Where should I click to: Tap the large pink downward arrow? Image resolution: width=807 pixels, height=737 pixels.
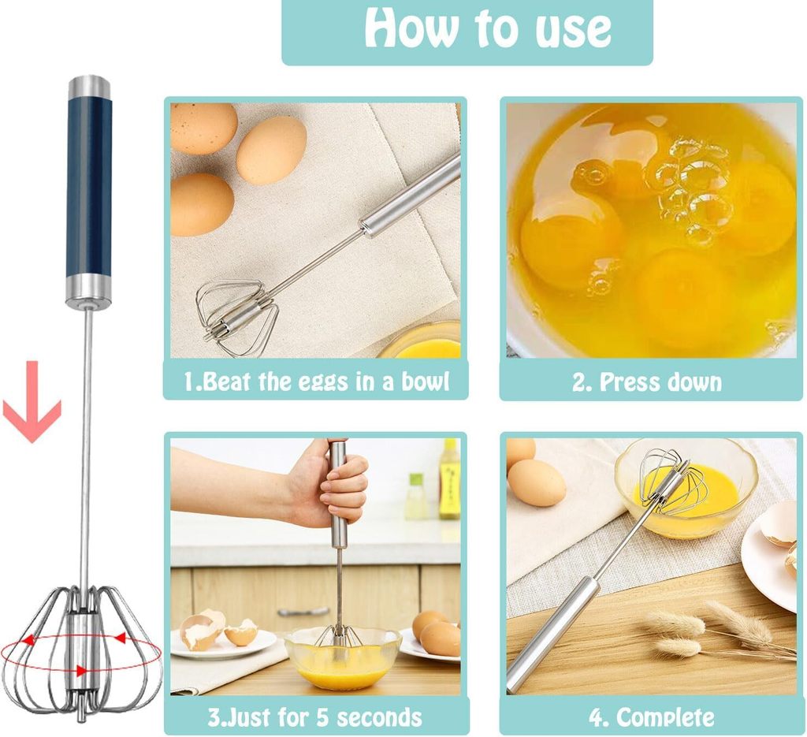pos(32,402)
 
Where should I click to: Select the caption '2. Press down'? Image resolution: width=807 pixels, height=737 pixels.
pos(647,382)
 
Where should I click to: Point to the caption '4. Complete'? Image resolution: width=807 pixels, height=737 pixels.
pos(652,717)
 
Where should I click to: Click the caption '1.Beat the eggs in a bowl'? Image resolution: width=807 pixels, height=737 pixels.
pos(317,382)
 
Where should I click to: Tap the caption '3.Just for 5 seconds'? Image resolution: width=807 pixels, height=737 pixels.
pos(315,717)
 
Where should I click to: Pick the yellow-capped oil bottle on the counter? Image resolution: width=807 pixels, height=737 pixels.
pos(449,478)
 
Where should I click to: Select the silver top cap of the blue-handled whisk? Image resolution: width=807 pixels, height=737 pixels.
pos(90,87)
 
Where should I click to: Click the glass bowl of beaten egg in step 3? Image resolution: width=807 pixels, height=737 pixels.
pos(343,658)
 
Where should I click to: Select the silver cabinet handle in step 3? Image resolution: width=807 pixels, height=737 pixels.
pos(303,612)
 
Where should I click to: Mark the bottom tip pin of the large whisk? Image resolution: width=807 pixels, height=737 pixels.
pos(81,716)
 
